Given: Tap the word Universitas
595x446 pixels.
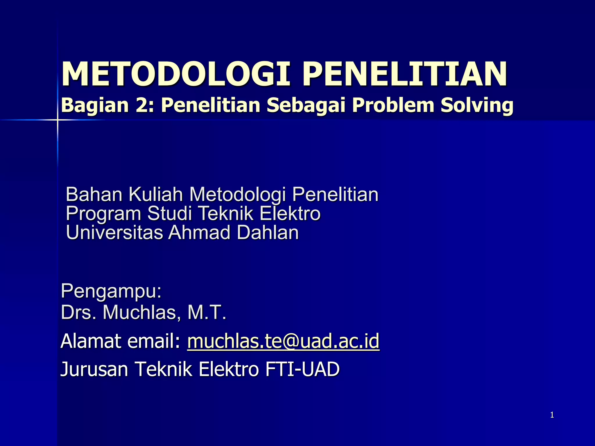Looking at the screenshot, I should click(114, 233).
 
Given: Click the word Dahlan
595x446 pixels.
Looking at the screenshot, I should click(268, 233).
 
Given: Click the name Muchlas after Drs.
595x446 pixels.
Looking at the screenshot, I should click(139, 313).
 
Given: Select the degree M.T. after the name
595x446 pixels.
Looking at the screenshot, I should click(207, 313).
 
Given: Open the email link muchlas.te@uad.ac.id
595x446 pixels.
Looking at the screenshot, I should click(283, 341).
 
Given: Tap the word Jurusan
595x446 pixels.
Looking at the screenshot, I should click(94, 369).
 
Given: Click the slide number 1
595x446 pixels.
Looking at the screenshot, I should click(552, 415).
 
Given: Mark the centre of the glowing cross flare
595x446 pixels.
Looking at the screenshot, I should click(57, 120).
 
